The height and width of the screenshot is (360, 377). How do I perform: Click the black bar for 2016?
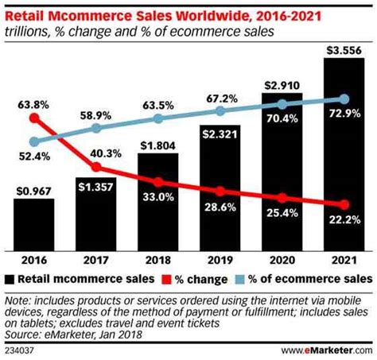[x=33, y=225]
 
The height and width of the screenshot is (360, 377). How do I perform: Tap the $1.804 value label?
[x=157, y=145]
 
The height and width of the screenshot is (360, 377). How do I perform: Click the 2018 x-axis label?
[x=157, y=259]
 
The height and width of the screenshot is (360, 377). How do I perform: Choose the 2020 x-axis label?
[x=282, y=259]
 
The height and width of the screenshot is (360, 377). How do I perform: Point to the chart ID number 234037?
[x=20, y=348]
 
